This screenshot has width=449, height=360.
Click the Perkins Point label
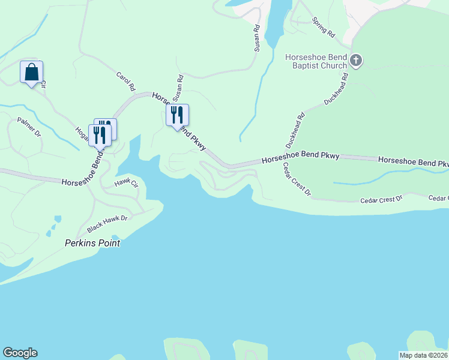[x=92, y=243]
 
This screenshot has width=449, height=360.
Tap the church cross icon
[x=356, y=60]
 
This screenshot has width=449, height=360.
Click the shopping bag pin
[x=31, y=73]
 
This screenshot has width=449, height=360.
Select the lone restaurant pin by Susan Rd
[x=177, y=115]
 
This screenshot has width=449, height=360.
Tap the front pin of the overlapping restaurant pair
[x=100, y=135]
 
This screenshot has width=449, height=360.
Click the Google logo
[x=20, y=353]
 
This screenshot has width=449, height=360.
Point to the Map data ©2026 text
[x=423, y=355]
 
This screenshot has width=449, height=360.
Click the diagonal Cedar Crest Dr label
[x=297, y=179]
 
